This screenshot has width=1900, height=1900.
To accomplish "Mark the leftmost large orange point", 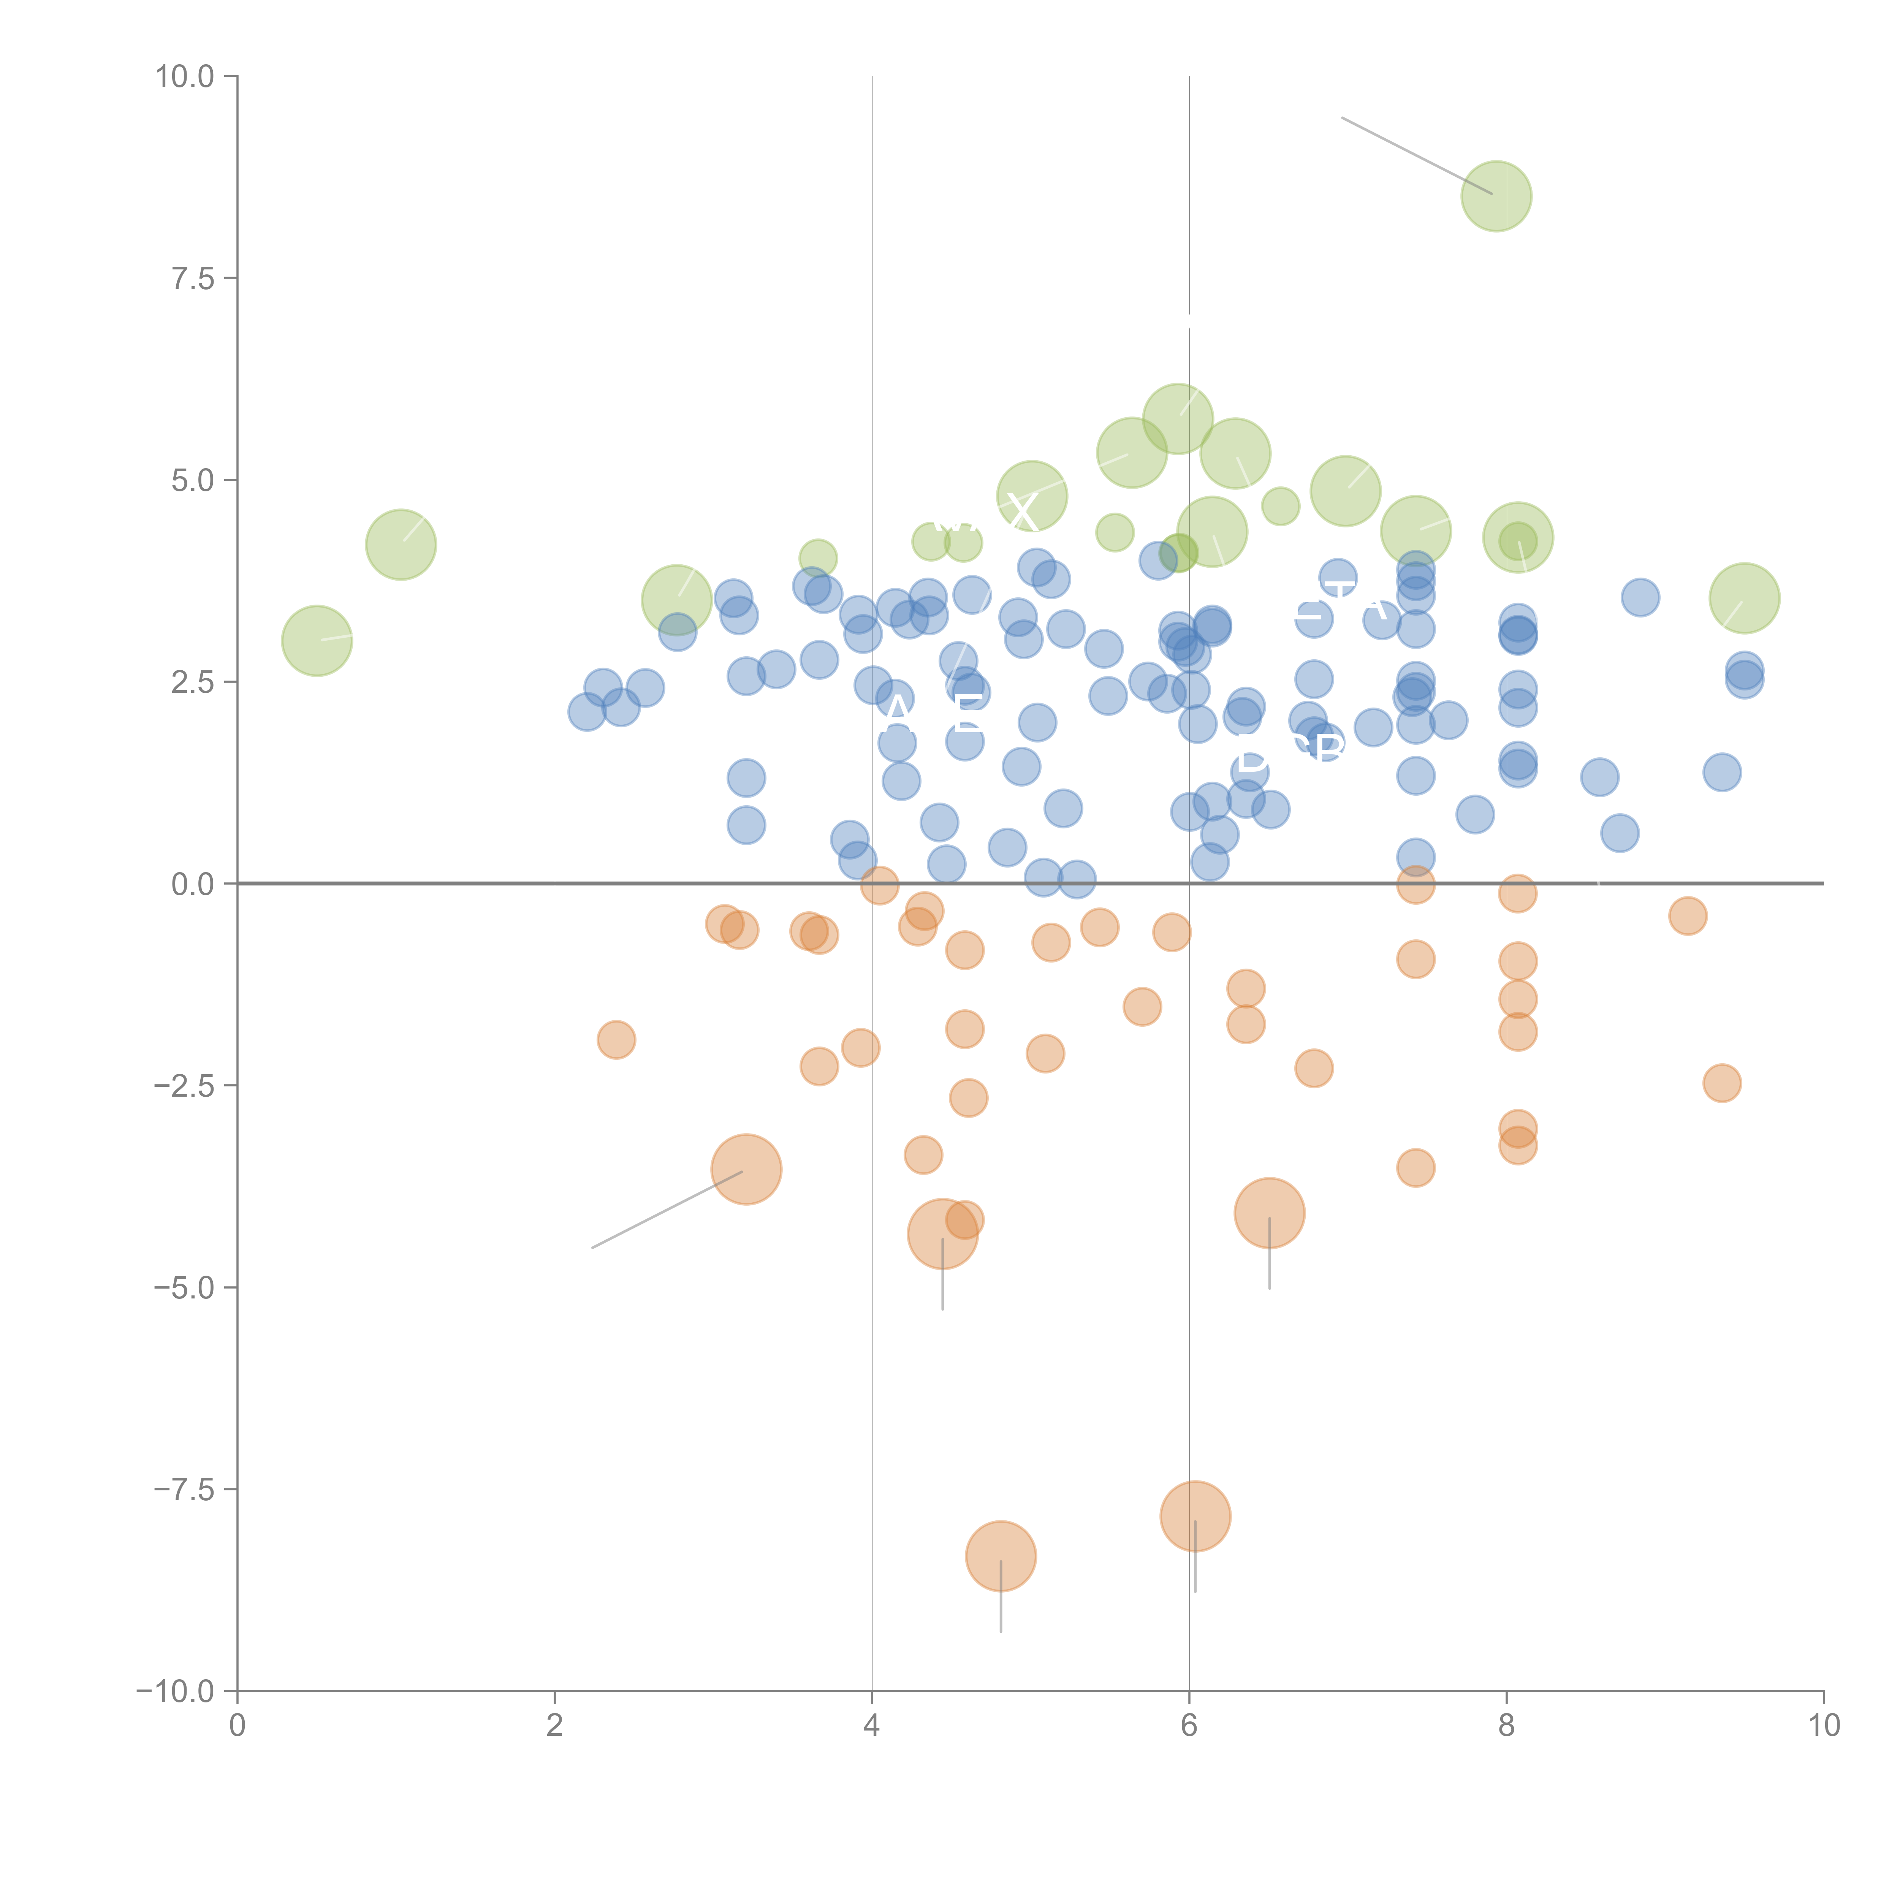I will (x=746, y=1169).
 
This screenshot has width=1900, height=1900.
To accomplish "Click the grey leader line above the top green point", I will (x=1416, y=155).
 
